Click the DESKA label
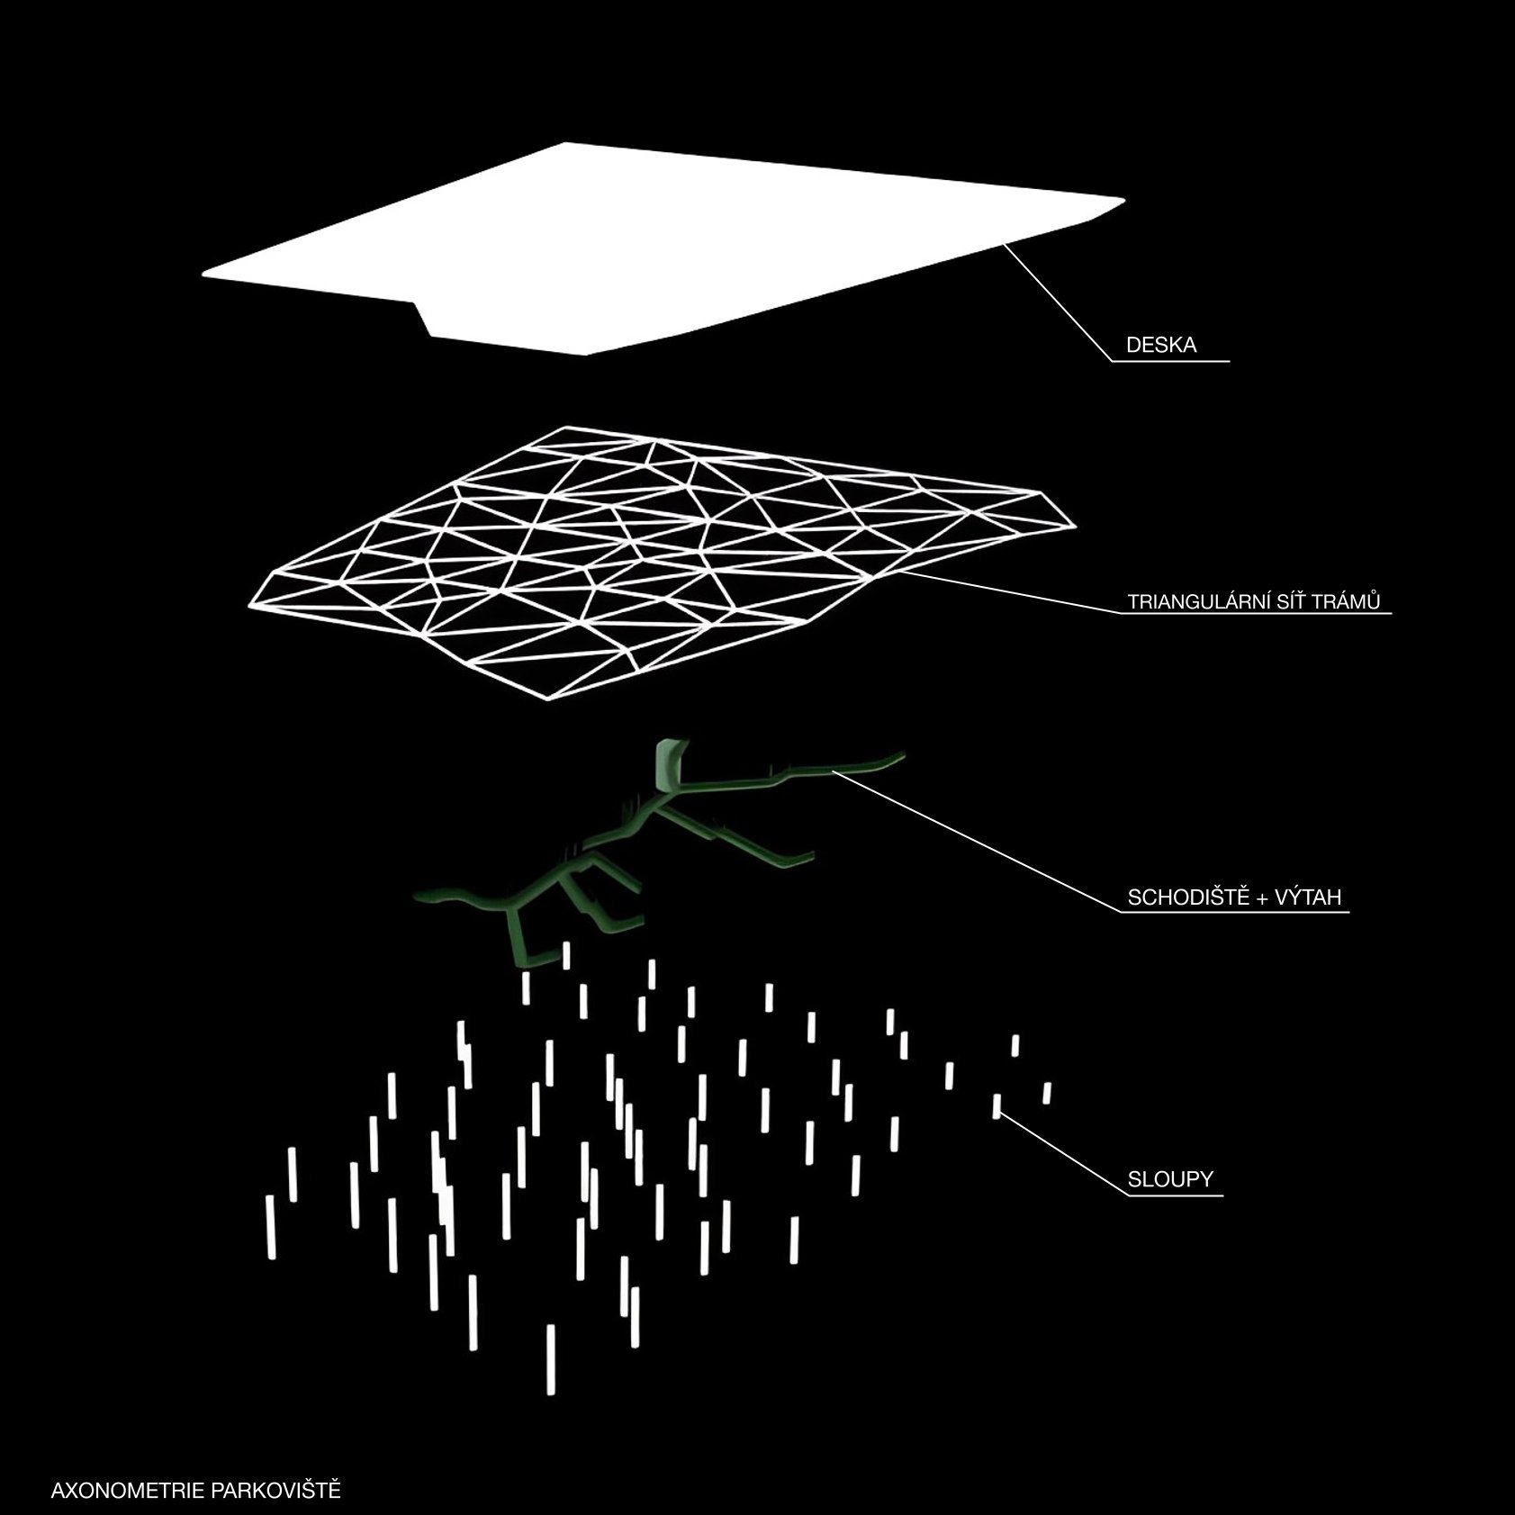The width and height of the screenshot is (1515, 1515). [x=1161, y=346]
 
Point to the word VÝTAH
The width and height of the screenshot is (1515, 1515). [x=1309, y=897]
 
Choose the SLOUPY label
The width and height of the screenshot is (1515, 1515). [x=1170, y=1179]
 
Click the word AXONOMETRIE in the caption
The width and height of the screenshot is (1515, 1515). [x=129, y=1490]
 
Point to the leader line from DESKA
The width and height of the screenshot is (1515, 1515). [x=1059, y=302]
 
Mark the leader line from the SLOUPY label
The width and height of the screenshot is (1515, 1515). [x=1063, y=1155]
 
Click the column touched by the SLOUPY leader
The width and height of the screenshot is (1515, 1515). [x=996, y=1105]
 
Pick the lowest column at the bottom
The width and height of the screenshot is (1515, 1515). [x=551, y=1359]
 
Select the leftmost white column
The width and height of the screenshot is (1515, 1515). [x=270, y=1226]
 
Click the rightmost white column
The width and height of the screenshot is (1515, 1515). [x=1047, y=1093]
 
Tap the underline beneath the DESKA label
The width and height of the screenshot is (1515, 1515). [x=1171, y=362]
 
